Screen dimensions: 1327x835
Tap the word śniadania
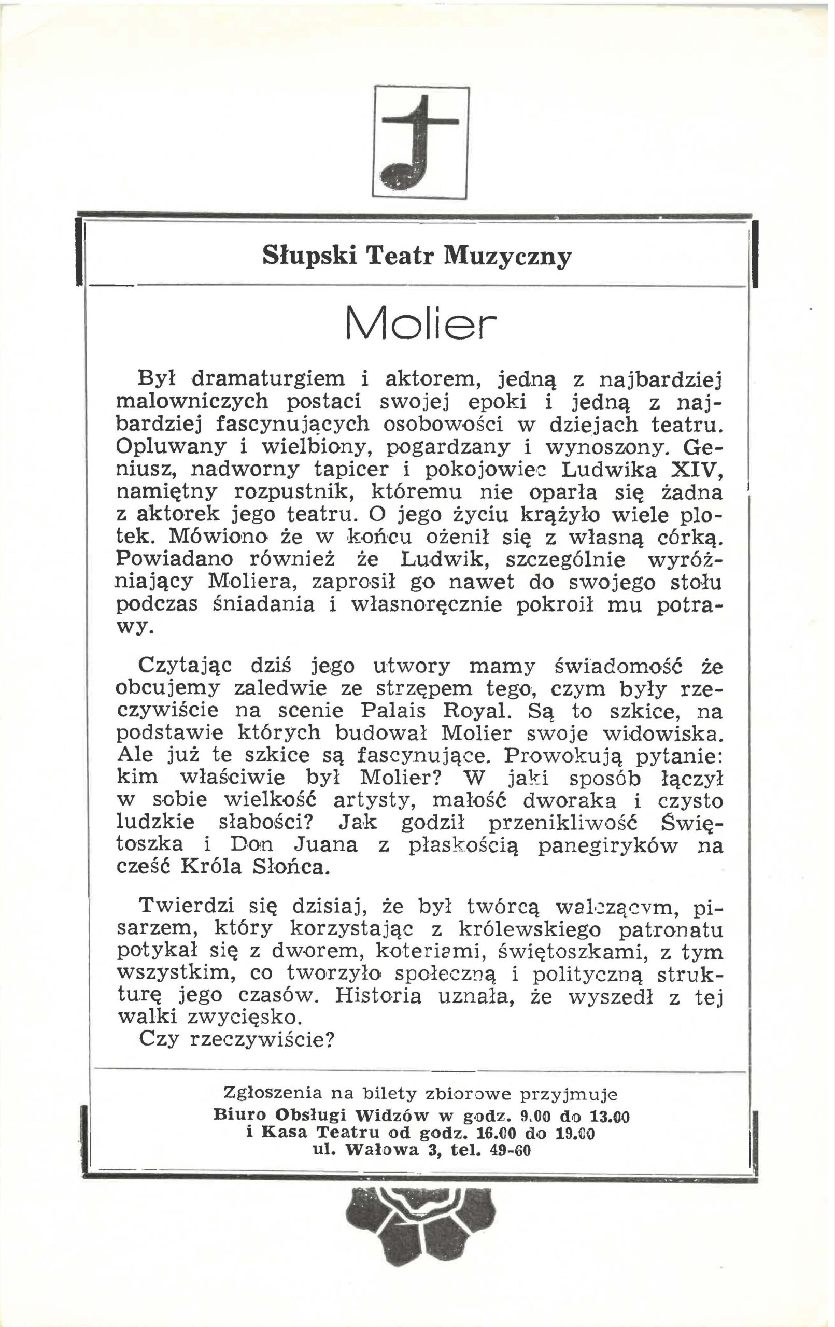264,604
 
